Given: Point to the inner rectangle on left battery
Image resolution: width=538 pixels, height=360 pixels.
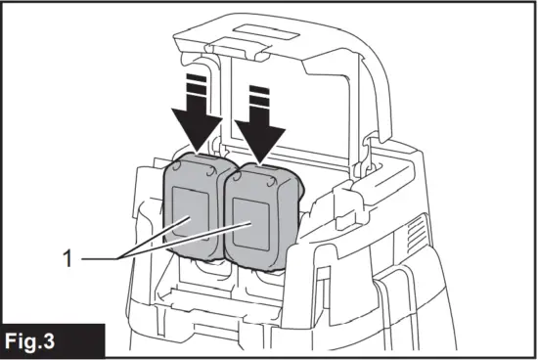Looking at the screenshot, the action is (x=189, y=217).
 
